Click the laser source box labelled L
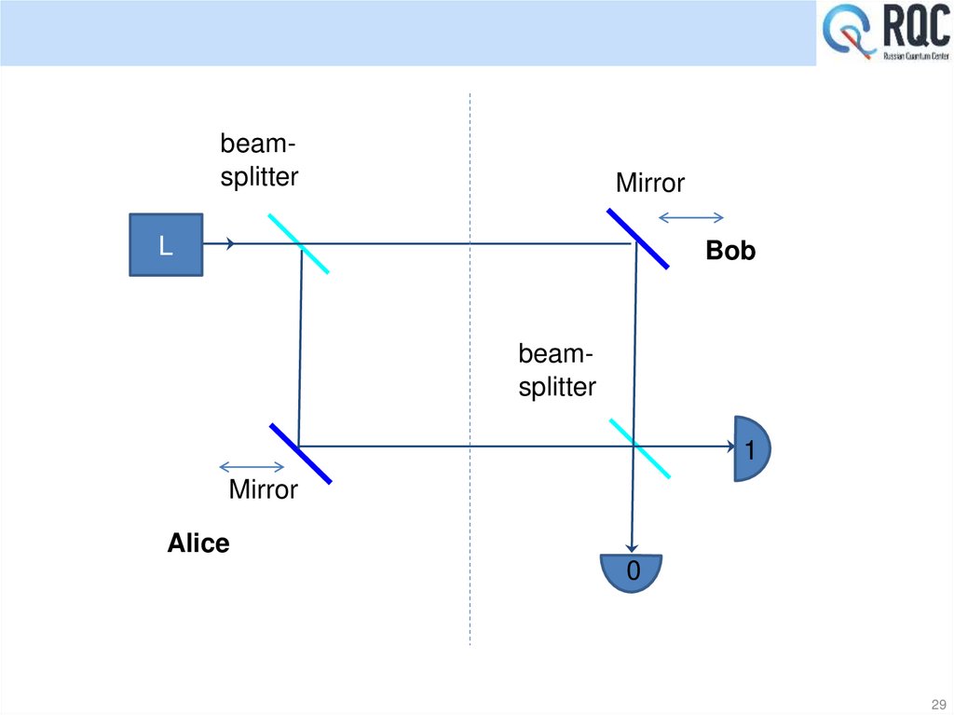[x=165, y=244]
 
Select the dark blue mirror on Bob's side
[x=638, y=239]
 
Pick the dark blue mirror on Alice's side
[x=300, y=453]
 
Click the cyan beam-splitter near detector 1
[x=640, y=448]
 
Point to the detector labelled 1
[x=752, y=448]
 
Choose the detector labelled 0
[x=632, y=571]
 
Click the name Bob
[x=730, y=251]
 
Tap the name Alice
[x=198, y=543]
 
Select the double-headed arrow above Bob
[x=690, y=218]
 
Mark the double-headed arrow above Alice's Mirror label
[x=252, y=467]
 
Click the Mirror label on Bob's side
[x=649, y=184]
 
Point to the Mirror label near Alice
[x=264, y=489]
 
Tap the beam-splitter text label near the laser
[x=259, y=160]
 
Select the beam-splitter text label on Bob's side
[x=557, y=371]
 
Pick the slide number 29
[x=937, y=703]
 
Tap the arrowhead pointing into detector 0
[x=633, y=547]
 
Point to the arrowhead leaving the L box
[x=229, y=244]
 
